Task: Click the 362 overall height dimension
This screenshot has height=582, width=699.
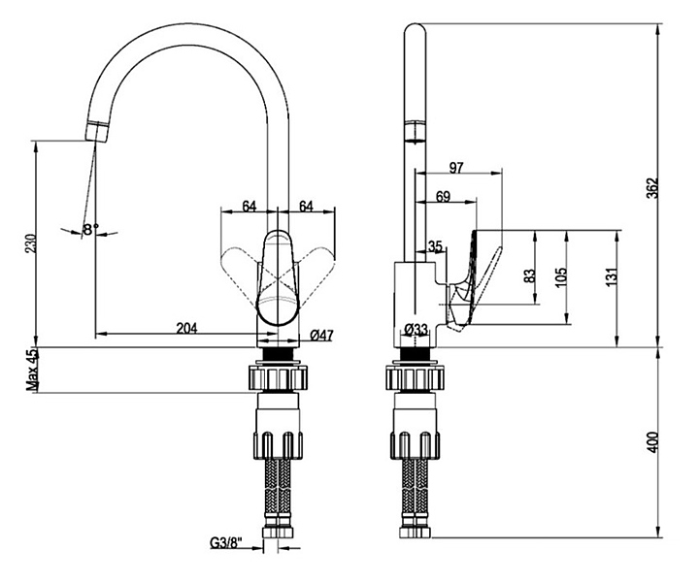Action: point(652,188)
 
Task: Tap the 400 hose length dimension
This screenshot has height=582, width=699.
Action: point(652,441)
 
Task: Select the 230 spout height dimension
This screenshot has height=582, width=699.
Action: point(31,243)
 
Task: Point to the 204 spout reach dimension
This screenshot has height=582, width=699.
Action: point(186,328)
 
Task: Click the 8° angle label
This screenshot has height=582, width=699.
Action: point(91,229)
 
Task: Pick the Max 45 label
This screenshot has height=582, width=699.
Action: point(32,370)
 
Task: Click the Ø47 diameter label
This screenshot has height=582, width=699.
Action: point(321,335)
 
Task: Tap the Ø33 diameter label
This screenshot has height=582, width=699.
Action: point(416,330)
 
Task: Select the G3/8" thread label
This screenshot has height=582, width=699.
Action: point(226,543)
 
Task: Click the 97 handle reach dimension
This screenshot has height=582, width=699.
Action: point(456,168)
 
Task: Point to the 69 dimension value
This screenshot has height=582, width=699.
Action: point(443,196)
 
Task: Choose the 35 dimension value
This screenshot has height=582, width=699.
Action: point(435,245)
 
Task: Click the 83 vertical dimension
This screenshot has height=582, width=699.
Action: point(529,275)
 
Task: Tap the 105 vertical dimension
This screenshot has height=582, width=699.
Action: point(561,277)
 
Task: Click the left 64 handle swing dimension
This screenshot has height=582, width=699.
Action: point(250,207)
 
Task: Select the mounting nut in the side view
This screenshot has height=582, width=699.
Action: point(416,377)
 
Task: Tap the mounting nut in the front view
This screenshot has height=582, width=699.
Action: point(278,377)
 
